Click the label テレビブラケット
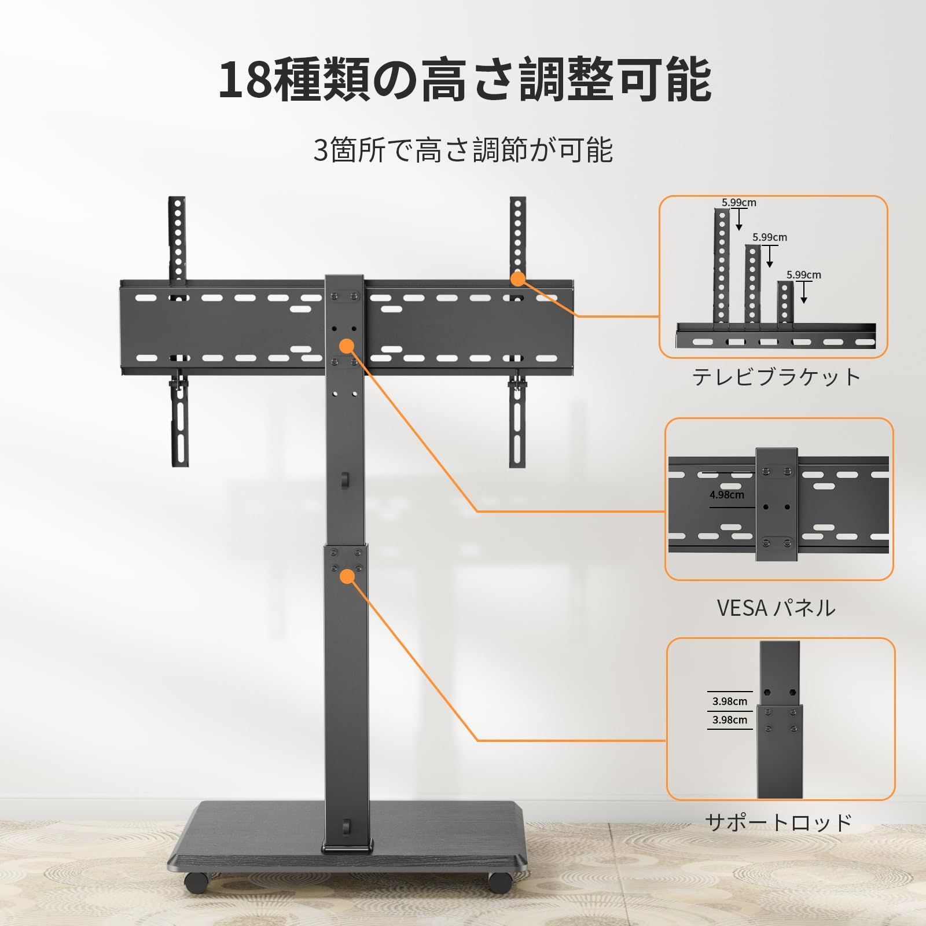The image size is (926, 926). pos(777,377)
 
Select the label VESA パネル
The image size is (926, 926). pos(776,608)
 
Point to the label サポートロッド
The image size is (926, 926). pos(778,822)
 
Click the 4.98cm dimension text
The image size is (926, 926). pos(727,495)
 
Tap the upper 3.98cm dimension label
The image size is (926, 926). pos(729,701)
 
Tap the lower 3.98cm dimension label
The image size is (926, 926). pos(729,720)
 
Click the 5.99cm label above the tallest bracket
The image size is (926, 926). pos(738,203)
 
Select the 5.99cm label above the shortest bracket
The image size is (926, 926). pos(803,275)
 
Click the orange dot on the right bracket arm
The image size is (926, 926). pos(517,279)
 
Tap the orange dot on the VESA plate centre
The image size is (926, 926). pos(347,347)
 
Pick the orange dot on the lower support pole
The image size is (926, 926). pos(347,576)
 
